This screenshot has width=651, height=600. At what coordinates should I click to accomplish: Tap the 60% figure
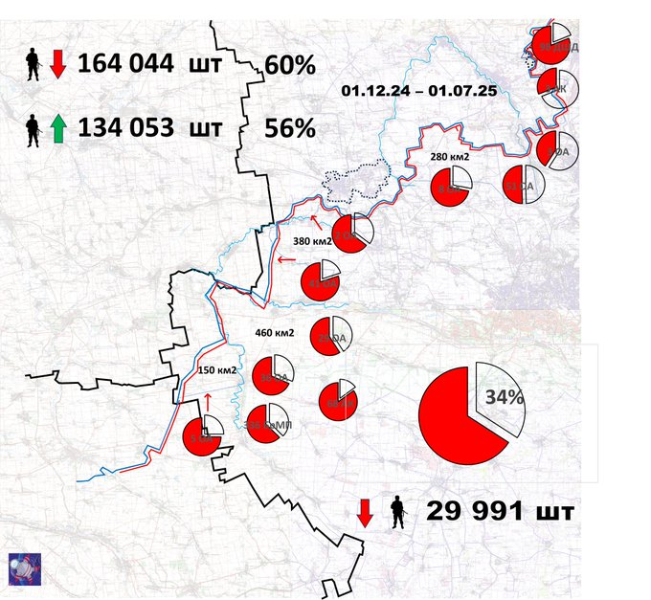290,66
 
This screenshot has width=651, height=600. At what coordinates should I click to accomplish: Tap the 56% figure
290,128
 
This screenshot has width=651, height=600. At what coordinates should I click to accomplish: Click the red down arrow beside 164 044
57,64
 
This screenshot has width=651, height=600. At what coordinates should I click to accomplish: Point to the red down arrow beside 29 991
366,512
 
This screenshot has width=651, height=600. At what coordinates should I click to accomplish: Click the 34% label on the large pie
503,397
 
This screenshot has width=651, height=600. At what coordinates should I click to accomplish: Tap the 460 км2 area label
275,333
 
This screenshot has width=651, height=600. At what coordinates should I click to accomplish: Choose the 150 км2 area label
216,369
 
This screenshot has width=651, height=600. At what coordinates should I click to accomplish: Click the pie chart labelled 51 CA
524,184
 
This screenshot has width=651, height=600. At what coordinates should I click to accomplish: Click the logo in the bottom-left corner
23,567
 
